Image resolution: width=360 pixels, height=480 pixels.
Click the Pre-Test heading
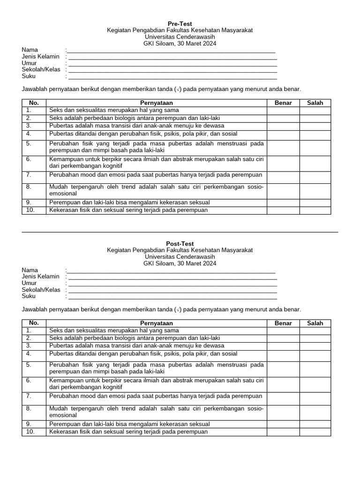[180, 23]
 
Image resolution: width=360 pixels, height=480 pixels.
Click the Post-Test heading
[180, 244]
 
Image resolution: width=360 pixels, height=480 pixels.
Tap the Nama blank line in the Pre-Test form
[171, 50]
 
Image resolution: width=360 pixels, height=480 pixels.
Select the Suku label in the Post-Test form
[29, 296]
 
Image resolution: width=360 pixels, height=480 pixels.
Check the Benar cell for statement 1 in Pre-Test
[283, 110]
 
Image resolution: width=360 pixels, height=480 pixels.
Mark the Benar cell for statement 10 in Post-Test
[283, 432]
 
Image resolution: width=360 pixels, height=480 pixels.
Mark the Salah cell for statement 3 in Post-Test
[315, 345]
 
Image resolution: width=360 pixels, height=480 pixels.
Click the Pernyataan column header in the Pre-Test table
[157, 103]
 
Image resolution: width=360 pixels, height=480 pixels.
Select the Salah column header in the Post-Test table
[315, 323]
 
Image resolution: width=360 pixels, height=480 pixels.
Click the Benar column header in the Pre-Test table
[283, 103]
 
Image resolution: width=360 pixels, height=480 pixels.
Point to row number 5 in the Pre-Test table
[29, 143]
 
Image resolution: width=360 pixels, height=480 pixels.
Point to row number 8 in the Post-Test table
[29, 408]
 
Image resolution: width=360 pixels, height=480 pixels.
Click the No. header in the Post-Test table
[34, 323]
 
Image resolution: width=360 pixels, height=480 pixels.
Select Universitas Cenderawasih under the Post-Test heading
[180, 257]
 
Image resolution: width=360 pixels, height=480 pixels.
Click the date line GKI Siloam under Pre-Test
[180, 44]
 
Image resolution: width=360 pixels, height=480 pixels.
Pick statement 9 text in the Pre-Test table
[129, 202]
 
